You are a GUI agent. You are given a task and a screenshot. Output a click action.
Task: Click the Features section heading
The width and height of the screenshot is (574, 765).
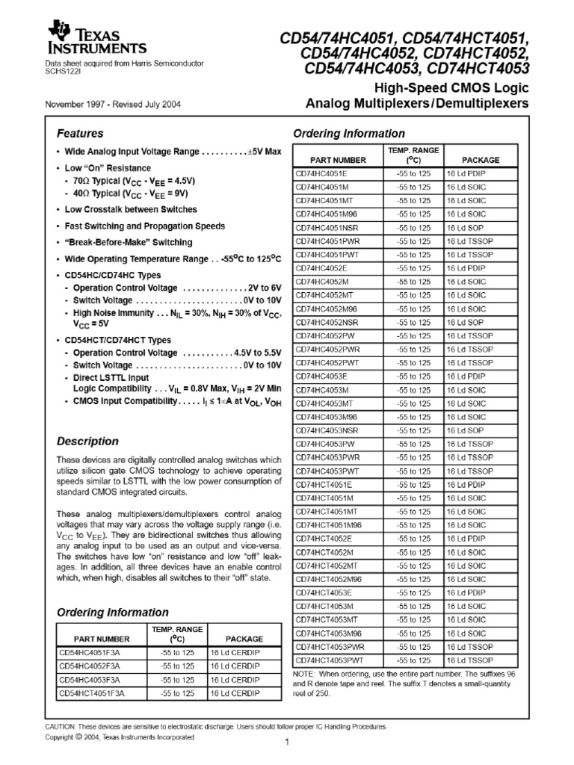pyautogui.click(x=80, y=134)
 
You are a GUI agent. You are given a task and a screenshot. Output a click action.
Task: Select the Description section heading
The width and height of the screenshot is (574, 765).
pyautogui.click(x=87, y=441)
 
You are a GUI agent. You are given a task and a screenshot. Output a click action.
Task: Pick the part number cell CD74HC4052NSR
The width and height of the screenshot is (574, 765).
pyautogui.click(x=325, y=322)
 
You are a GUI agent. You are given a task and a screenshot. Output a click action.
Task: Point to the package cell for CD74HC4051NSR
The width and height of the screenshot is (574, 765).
pyautogui.click(x=466, y=228)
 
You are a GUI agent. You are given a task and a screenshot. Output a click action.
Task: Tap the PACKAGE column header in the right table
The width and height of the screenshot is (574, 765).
pyautogui.click(x=481, y=160)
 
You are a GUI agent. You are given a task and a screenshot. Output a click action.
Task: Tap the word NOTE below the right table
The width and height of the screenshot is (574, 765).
pyautogui.click(x=305, y=674)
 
